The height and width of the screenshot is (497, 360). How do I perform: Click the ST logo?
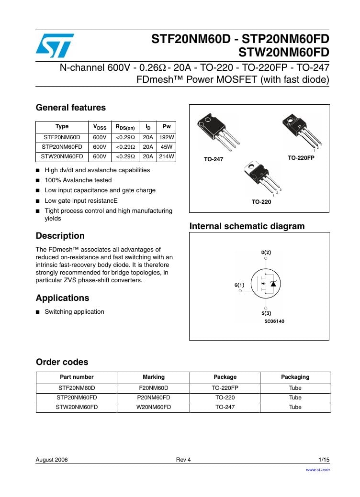[x=54, y=45]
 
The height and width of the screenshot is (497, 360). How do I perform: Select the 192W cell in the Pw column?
[x=167, y=137]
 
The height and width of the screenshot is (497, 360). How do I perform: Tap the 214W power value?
[x=167, y=156]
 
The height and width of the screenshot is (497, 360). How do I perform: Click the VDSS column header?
[x=100, y=127]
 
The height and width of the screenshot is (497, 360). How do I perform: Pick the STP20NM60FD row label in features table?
[x=62, y=147]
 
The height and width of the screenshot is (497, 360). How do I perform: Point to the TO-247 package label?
[x=214, y=159]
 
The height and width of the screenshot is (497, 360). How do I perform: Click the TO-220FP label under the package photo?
[x=301, y=157]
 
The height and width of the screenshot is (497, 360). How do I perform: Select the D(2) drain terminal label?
[x=266, y=252]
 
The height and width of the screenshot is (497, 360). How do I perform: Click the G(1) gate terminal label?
[x=239, y=285]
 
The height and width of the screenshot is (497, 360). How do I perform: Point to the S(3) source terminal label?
[x=266, y=313]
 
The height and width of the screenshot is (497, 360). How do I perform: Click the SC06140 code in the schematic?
[x=274, y=321]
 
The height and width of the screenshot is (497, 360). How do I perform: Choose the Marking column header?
[x=153, y=377]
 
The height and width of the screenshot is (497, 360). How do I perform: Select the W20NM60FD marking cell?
[x=153, y=407]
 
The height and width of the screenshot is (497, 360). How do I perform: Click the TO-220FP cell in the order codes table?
[x=225, y=388]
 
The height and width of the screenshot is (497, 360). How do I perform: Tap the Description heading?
[x=60, y=236]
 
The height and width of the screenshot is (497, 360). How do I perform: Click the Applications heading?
[x=63, y=298]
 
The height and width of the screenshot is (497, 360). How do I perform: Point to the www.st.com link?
[x=318, y=470]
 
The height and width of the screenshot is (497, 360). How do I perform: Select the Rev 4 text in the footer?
[x=183, y=460]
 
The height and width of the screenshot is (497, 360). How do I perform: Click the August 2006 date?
[x=52, y=460]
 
